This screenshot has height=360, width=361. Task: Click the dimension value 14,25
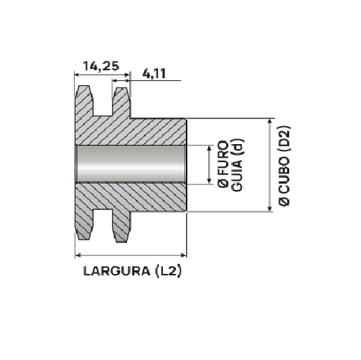pos(100,66)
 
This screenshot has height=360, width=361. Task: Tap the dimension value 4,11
pos(155,72)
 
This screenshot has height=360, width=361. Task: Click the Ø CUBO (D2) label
pos(284,165)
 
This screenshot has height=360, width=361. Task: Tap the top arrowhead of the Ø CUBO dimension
pos(270,123)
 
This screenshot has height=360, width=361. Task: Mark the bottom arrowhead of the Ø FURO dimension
pos(208,181)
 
